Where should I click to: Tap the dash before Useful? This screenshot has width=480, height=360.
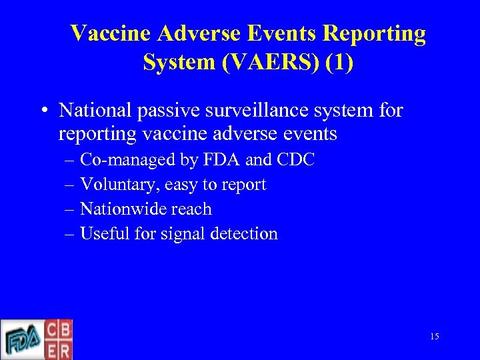pyautogui.click(x=71, y=234)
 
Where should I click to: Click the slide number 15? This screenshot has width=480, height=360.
pyautogui.click(x=434, y=337)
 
